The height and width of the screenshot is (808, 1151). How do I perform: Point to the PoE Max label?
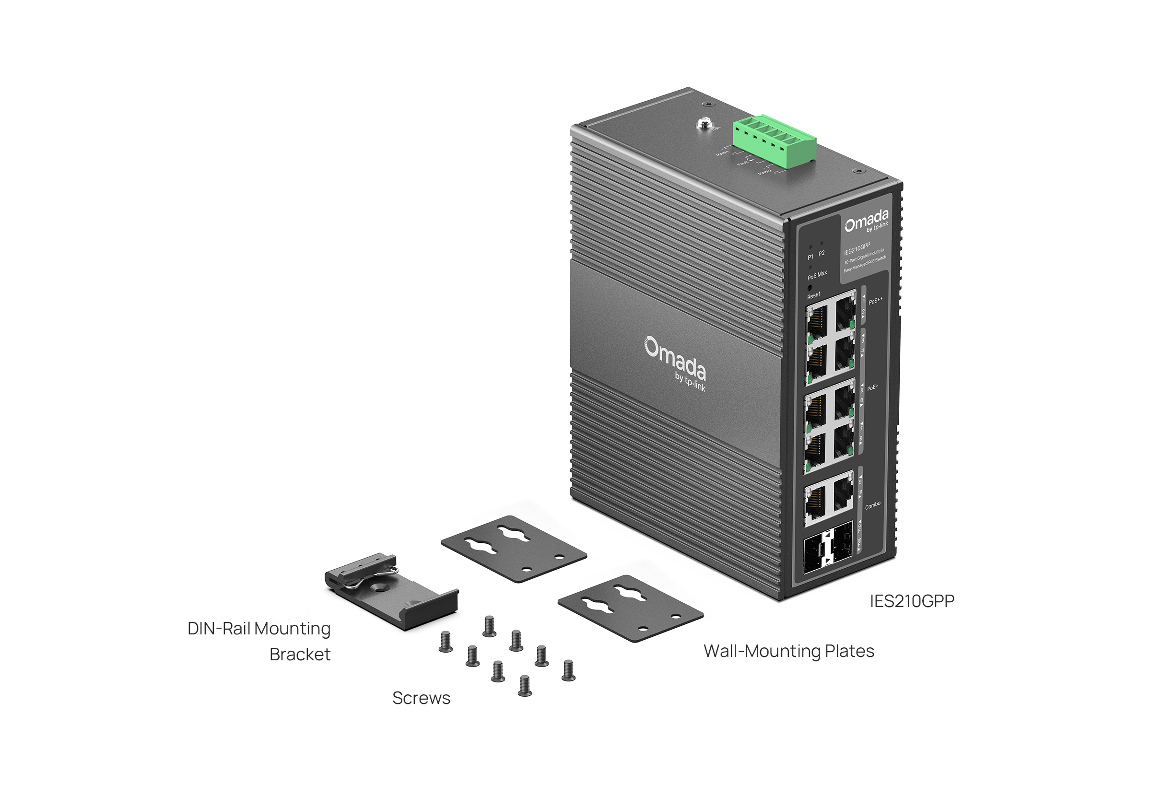click(x=817, y=275)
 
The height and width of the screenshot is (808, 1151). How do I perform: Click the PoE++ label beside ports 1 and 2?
click(x=876, y=301)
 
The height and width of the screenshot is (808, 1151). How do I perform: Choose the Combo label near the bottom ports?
click(x=873, y=505)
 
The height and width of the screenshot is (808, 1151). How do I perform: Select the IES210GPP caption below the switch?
click(x=912, y=601)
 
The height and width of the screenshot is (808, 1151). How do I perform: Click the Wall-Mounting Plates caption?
click(x=788, y=651)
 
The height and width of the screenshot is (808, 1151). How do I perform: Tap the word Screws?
click(x=421, y=698)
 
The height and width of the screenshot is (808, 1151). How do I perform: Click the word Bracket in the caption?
click(x=300, y=655)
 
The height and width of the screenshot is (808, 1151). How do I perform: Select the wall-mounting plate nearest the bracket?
click(x=514, y=549)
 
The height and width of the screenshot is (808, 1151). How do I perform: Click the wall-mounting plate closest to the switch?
click(x=630, y=609)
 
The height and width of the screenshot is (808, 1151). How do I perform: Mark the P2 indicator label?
click(x=822, y=254)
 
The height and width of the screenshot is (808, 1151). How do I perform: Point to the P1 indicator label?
click(x=810, y=257)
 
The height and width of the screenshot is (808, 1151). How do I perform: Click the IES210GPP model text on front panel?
click(x=857, y=248)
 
